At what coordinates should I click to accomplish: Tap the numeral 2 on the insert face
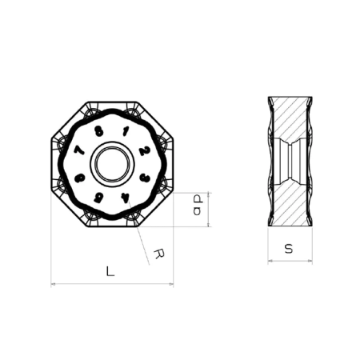(x=143, y=150)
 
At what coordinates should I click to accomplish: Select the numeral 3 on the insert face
(x=143, y=178)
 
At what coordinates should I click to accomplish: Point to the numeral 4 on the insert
(x=125, y=197)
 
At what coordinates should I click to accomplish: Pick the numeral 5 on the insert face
(x=98, y=197)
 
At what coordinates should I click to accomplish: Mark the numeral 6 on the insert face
(x=79, y=178)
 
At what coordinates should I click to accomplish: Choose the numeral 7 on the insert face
(x=78, y=151)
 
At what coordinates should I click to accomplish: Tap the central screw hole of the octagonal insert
(x=111, y=165)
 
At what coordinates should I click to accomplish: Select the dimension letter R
(x=159, y=254)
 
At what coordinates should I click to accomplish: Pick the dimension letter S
(x=289, y=250)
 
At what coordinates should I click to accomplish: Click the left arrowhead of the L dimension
(x=53, y=283)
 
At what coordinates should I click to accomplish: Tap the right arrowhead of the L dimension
(x=170, y=283)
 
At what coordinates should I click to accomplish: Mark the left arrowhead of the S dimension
(x=269, y=261)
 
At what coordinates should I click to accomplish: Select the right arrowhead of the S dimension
(x=310, y=261)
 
